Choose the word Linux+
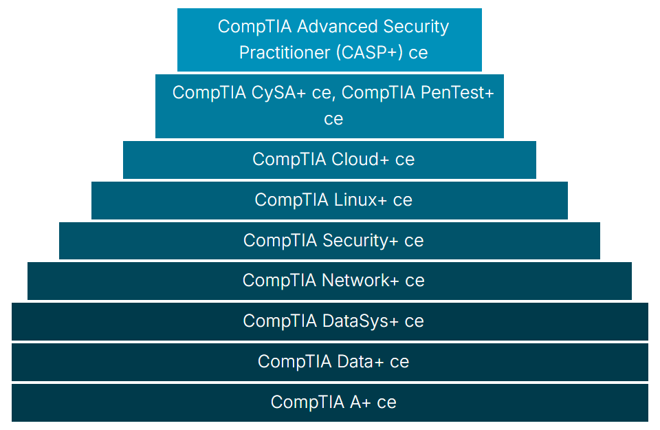[361, 200]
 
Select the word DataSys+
[361, 321]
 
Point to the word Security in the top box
[412, 27]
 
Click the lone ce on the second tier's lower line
[333, 119]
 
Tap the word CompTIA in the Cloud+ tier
[289, 160]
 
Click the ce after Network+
[415, 281]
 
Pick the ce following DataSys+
[414, 321]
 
